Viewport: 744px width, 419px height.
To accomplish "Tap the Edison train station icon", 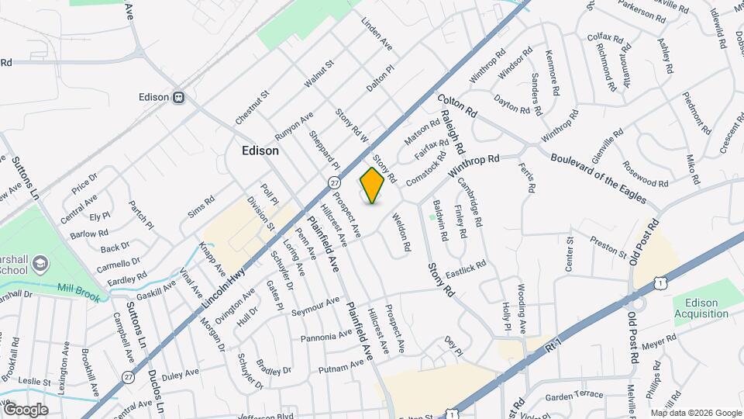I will [x=179, y=98].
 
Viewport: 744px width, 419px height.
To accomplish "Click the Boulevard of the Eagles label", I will [x=598, y=178].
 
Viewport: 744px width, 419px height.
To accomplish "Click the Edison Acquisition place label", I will [x=701, y=308].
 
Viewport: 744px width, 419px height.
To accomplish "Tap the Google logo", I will [x=26, y=409].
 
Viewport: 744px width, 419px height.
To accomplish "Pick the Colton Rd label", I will [x=457, y=106].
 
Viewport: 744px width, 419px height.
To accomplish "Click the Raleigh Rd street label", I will [x=453, y=130].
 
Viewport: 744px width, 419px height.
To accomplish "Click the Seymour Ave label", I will [x=315, y=306].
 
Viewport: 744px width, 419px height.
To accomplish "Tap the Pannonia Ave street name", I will [x=327, y=336].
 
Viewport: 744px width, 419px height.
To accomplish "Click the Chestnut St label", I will [x=253, y=106].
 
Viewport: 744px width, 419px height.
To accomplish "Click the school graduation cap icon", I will [x=37, y=265].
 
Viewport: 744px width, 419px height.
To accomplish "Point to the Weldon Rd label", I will [x=401, y=233].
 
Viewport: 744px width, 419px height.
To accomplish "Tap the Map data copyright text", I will [x=696, y=413].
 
